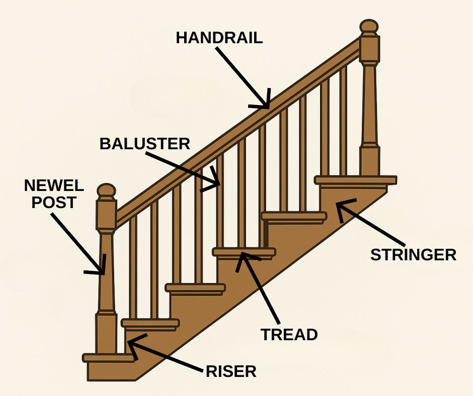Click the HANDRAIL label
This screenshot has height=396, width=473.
click(219, 38)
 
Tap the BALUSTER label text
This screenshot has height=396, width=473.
click(144, 144)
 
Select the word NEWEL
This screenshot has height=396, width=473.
click(54, 186)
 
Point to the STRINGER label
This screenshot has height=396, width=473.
click(413, 255)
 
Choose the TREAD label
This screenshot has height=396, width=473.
click(289, 335)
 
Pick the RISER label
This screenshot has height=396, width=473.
click(231, 371)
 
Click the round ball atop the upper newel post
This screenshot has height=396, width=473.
click(369, 28)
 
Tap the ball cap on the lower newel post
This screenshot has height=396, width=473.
click(106, 191)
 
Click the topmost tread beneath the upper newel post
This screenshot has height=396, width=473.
click(355, 180)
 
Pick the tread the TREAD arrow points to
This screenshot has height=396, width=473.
click(244, 251)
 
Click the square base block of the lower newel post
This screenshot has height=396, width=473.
click(106, 334)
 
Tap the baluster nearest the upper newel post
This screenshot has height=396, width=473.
click(343, 121)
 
